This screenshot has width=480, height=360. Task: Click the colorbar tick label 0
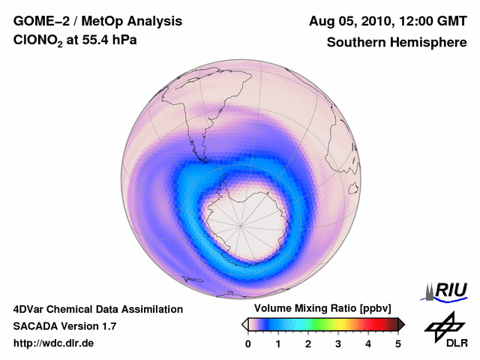point(248,343)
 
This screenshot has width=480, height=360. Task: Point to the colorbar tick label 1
point(278,343)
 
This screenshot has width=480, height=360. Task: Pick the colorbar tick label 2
point(308,343)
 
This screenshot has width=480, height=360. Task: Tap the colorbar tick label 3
point(338,343)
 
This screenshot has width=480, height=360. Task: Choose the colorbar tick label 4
point(368,343)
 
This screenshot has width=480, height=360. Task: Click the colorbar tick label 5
point(398,343)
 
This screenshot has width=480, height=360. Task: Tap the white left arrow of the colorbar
point(244,324)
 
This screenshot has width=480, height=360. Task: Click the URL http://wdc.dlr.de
point(54,343)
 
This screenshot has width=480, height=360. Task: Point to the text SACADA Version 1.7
point(64,326)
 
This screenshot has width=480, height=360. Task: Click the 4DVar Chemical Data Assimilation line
point(97,309)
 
